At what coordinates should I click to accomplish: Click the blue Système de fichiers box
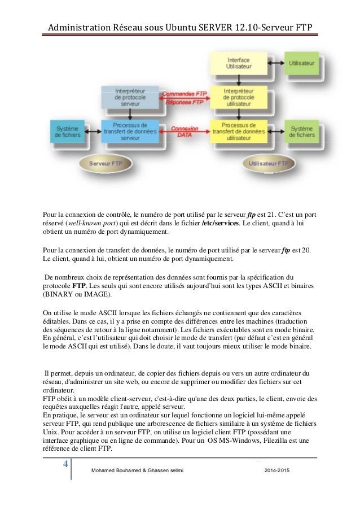(x=67, y=132)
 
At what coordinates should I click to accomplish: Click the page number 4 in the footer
(x=65, y=464)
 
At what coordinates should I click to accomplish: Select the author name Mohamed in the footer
(x=104, y=470)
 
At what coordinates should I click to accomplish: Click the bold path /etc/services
(x=225, y=223)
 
